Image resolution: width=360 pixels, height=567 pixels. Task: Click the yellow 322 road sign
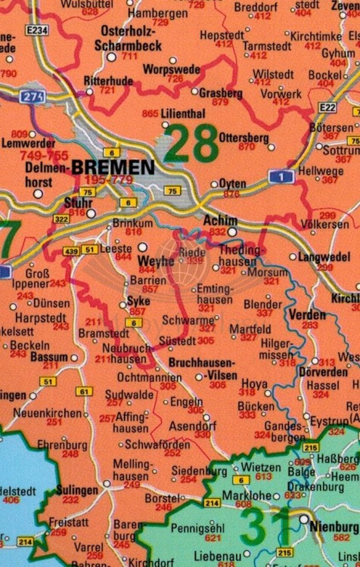coord(61,218)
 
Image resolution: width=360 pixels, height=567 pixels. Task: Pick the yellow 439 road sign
coord(71,250)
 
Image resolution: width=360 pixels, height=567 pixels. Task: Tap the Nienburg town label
coord(335,525)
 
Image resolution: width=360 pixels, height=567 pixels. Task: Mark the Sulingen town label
coord(77,490)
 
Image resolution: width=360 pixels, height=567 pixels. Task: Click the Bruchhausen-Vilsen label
coord(202,364)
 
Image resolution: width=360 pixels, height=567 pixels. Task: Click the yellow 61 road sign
coord(84,392)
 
